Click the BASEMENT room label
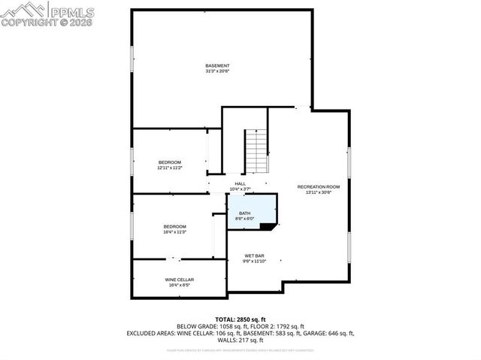point(217,66)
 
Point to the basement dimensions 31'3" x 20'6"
point(217,72)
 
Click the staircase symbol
point(256,150)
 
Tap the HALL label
point(240,183)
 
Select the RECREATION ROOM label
point(318,186)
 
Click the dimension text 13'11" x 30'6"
point(318,192)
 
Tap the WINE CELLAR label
point(180,280)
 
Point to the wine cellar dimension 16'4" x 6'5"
point(180,286)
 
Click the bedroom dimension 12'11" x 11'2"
point(169,168)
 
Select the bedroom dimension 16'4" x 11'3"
point(174,232)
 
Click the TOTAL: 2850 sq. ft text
point(240,319)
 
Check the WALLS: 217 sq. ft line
point(240,340)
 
